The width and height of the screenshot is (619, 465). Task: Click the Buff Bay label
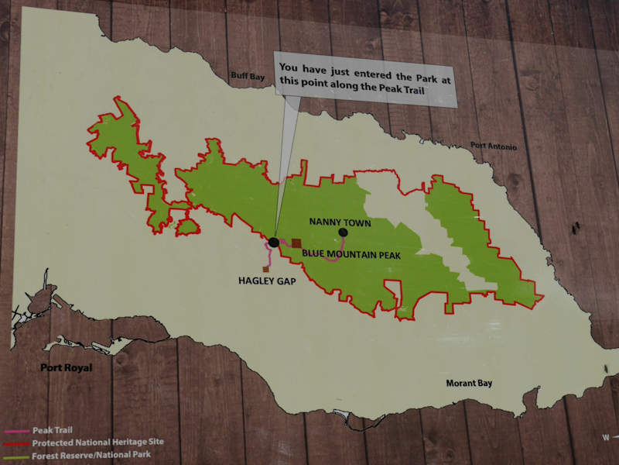[x=248, y=76]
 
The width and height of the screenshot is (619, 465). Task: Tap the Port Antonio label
[x=493, y=146]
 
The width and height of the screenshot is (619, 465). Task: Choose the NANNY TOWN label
[x=340, y=222]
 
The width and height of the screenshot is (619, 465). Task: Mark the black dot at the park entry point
[x=274, y=243]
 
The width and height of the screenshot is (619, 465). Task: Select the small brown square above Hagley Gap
[x=265, y=269]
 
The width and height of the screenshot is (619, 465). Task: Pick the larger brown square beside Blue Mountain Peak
[x=296, y=243]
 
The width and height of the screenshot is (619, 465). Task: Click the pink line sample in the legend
[x=17, y=430]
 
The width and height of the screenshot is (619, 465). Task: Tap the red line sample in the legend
[x=17, y=443]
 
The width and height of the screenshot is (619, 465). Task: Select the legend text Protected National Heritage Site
[x=97, y=442]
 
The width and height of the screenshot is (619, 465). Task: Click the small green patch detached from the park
[x=186, y=226]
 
